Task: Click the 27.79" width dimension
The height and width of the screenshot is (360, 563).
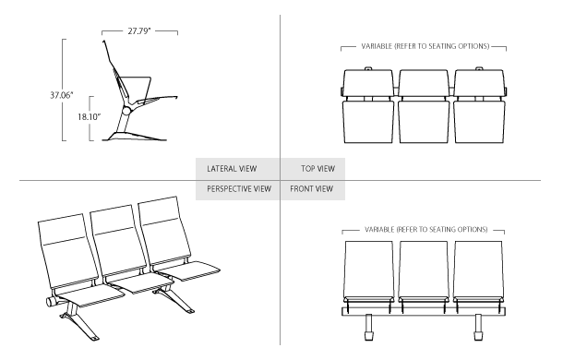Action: pos(140,30)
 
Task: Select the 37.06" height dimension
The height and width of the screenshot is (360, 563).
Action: pos(38,94)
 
